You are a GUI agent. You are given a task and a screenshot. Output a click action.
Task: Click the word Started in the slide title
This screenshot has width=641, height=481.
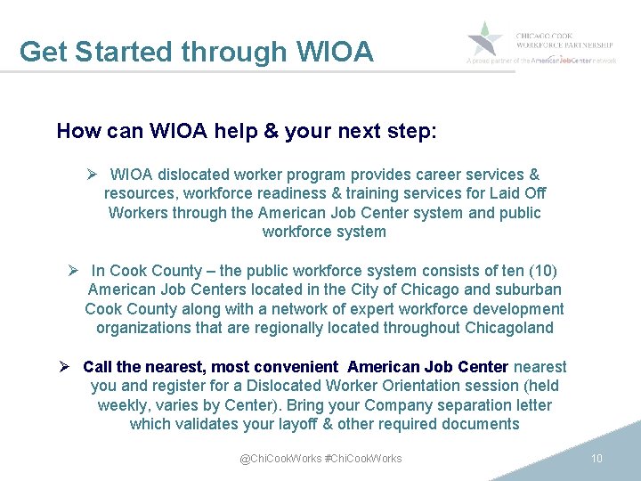tap(123, 52)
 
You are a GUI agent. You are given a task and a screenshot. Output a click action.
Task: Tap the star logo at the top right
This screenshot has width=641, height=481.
tap(486, 39)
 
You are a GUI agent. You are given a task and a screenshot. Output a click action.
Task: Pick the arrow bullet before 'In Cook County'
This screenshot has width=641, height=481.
tap(75, 270)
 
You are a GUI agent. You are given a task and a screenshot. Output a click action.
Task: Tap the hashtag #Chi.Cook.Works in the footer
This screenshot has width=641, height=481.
tap(364, 458)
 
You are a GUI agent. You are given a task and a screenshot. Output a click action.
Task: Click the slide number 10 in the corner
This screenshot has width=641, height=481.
tap(597, 458)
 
